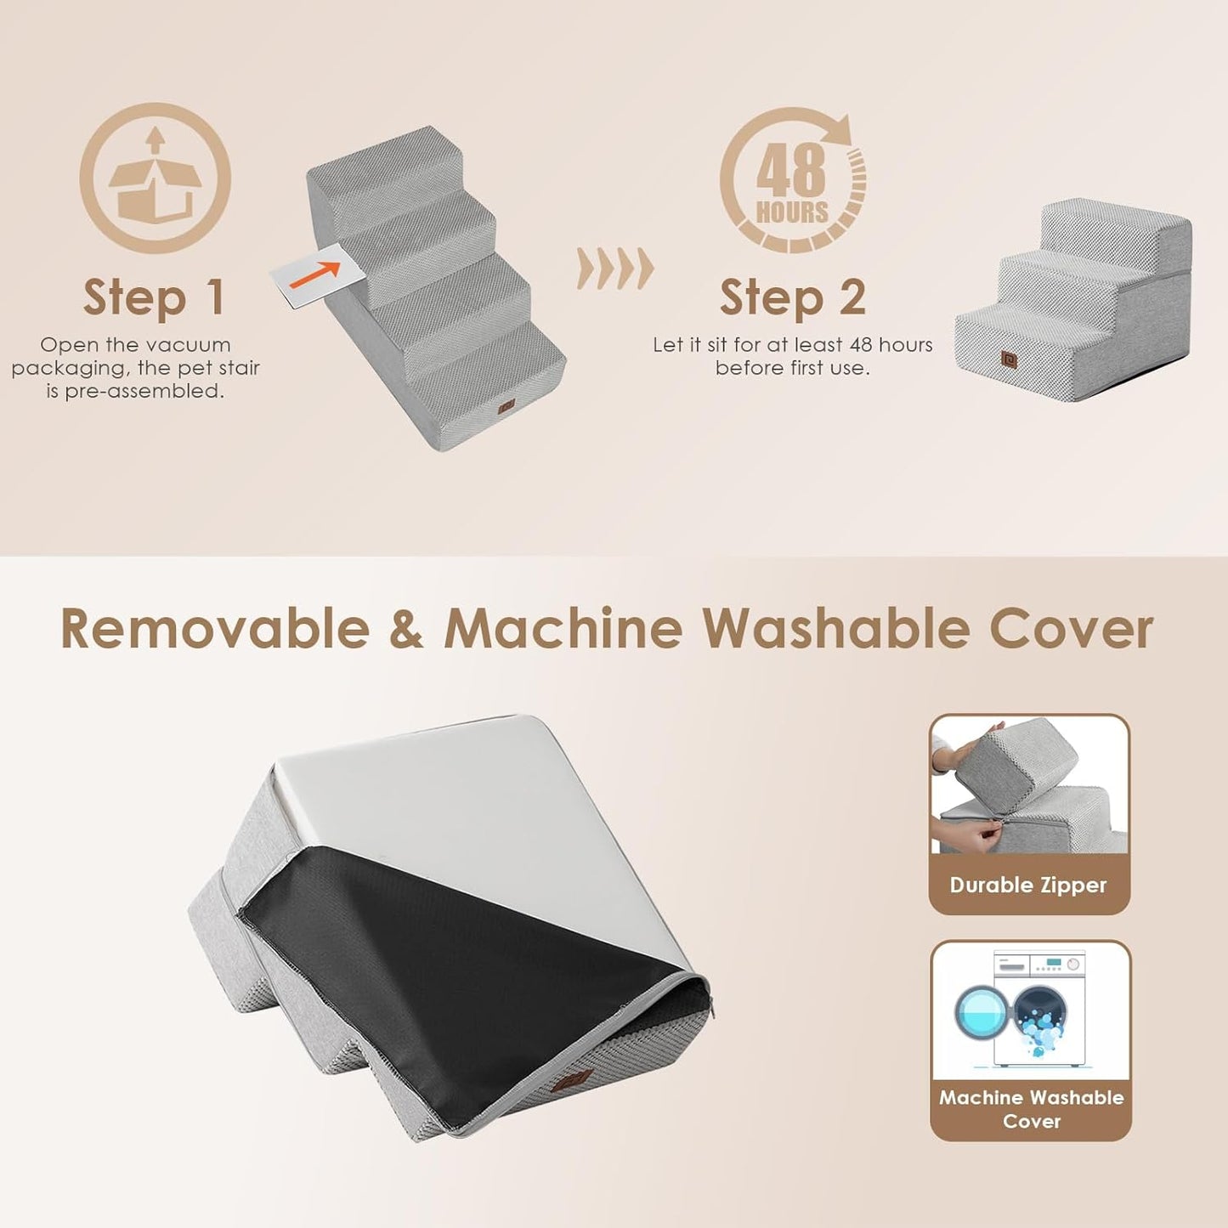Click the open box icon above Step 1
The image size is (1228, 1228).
155,178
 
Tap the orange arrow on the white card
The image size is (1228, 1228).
315,274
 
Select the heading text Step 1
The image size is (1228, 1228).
154,297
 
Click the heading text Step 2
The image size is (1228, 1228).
792,297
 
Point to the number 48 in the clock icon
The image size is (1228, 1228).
790,171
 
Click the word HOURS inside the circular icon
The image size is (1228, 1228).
792,212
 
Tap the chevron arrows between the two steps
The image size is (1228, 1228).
615,269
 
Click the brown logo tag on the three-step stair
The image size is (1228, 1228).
1009,360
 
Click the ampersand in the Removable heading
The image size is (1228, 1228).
406,630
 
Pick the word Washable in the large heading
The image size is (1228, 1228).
835,630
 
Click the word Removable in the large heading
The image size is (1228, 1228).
215,630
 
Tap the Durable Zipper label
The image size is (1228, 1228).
1028,885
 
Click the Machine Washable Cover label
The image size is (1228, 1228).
1031,1109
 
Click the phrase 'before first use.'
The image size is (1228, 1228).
792,368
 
